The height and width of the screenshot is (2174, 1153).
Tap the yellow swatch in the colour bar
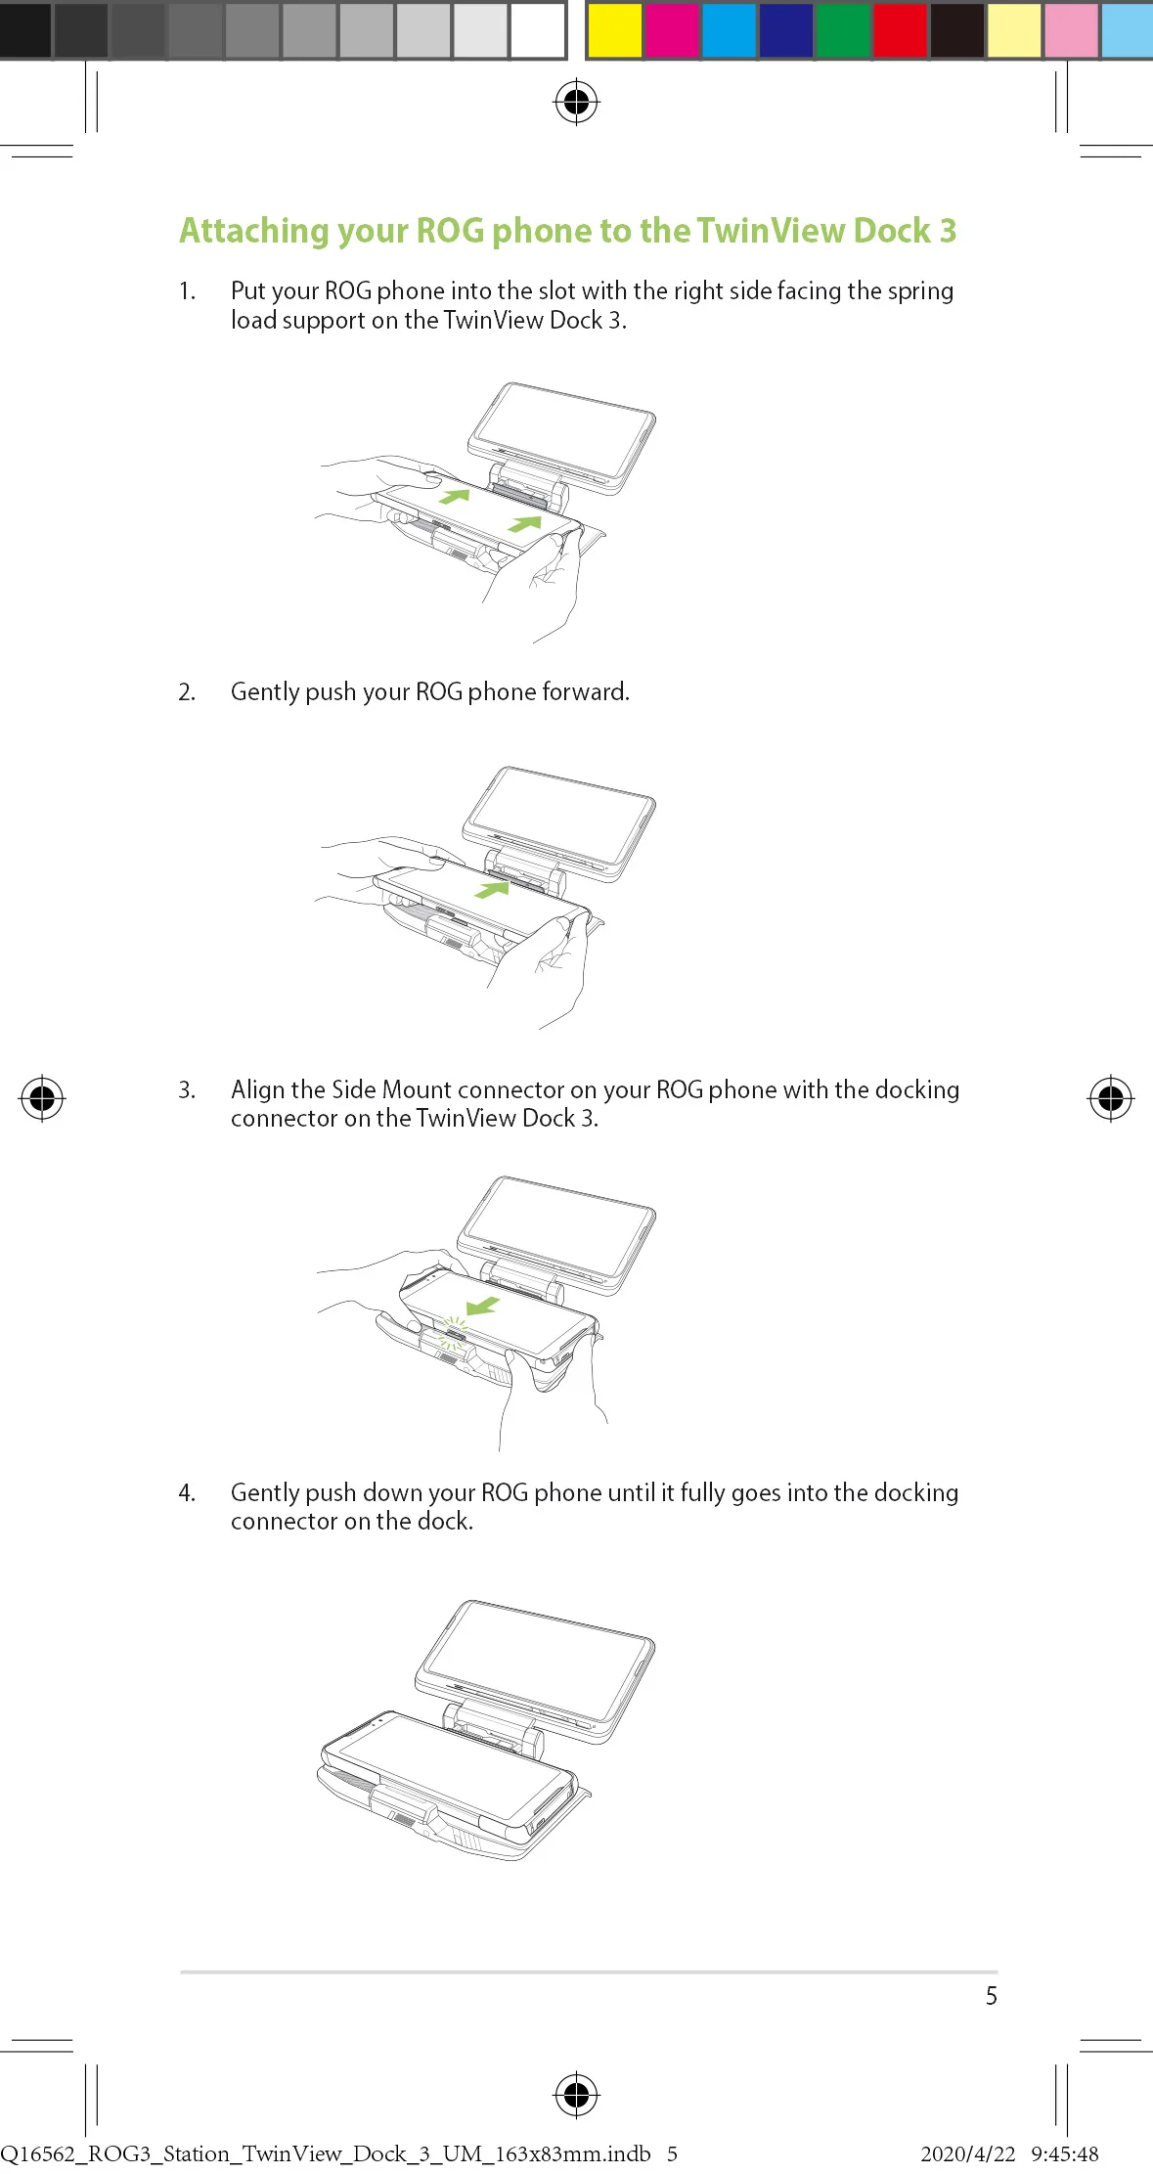[614, 30]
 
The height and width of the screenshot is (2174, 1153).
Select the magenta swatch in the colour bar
[672, 30]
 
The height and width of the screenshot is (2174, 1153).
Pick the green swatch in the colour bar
[843, 30]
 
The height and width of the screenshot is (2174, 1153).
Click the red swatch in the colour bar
[900, 30]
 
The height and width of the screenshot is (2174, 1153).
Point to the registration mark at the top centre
[577, 102]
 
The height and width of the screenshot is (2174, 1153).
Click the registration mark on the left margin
[42, 1098]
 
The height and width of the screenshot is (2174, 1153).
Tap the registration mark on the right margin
[1111, 1098]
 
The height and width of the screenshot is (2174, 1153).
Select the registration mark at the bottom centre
[577, 2095]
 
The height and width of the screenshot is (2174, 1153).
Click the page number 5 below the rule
[992, 1996]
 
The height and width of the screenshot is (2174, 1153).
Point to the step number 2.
[187, 692]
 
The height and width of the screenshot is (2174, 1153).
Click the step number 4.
[187, 1493]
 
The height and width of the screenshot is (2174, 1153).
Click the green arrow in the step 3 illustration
[483, 1307]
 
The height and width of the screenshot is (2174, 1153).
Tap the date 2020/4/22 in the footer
[968, 2153]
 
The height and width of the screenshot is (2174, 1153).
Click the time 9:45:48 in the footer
[1065, 2153]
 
